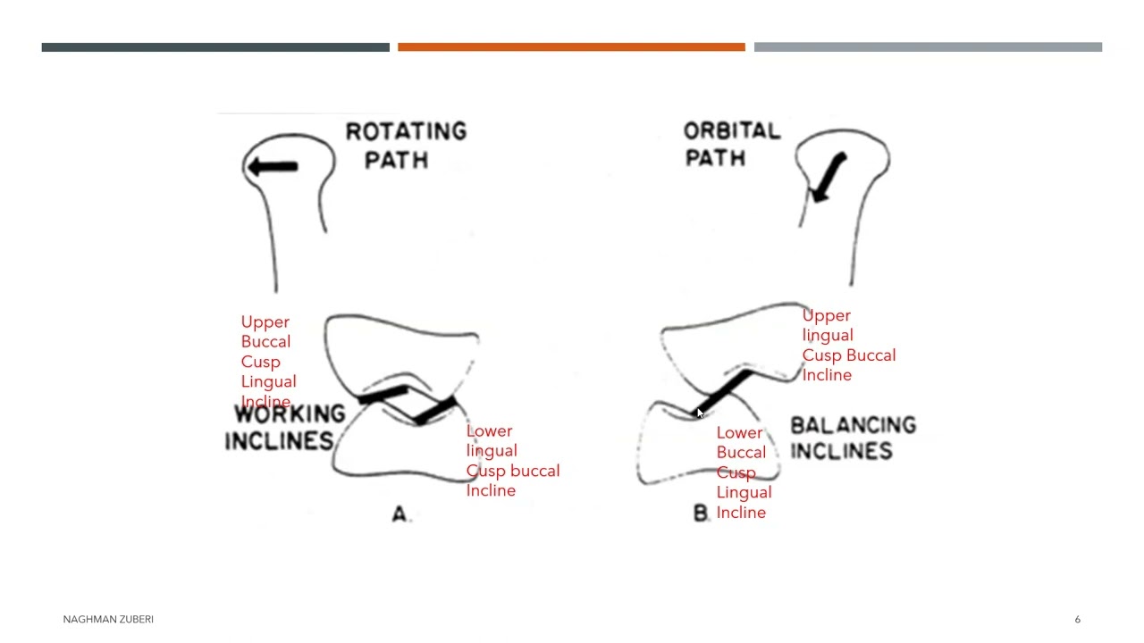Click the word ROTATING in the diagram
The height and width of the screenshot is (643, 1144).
point(407,131)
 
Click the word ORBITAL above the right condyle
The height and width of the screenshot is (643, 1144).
point(732,131)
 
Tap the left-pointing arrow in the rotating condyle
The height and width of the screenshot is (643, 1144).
point(273,166)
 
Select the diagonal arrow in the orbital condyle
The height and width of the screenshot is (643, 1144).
point(829,177)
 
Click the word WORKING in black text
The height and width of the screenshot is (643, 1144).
point(290,413)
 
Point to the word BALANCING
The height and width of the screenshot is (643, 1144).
point(854,424)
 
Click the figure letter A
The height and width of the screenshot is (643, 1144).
point(400,514)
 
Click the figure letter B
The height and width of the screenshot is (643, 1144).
point(701,513)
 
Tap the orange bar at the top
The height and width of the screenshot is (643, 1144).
point(571,47)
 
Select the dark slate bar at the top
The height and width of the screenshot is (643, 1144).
point(215,47)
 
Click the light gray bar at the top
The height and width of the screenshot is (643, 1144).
point(928,47)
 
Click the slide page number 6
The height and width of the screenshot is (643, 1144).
point(1078,619)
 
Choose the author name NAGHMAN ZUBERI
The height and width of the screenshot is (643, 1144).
point(108,619)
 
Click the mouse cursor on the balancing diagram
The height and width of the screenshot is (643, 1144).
point(700,413)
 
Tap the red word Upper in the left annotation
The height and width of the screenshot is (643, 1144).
point(265,322)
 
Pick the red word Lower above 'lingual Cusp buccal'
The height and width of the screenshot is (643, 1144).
point(489,431)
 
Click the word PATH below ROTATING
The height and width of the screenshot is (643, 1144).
point(397,160)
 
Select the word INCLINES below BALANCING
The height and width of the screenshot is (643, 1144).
point(842,451)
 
